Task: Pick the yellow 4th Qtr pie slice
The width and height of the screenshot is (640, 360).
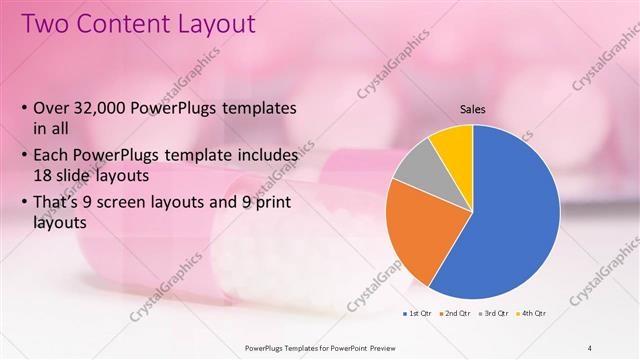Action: [x=455, y=145]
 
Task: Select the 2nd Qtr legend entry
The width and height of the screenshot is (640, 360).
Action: [x=458, y=315]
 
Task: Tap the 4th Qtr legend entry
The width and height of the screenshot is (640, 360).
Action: [x=534, y=315]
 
